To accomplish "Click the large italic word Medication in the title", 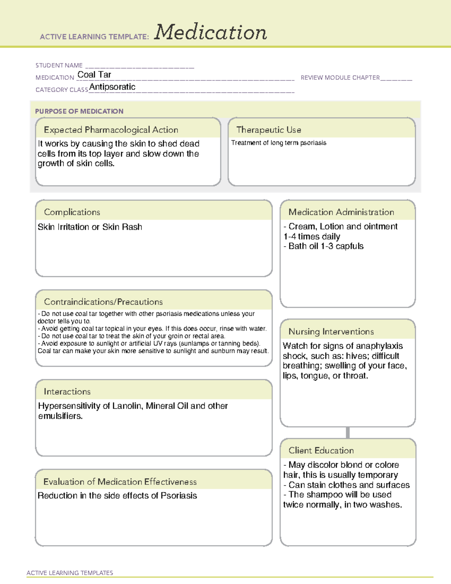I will pos(210,32).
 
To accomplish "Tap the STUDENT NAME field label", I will pos(59,65).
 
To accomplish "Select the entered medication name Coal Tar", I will pos(94,75).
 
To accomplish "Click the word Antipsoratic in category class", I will pos(112,87).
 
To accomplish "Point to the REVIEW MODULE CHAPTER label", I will pos(340,77).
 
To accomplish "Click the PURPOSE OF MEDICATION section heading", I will pos(79,111).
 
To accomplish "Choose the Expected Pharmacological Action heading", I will pos(111,130).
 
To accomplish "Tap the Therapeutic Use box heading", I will pos(269,130).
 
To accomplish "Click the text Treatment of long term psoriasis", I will pos(278,143).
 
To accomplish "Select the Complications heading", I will pos(72,212).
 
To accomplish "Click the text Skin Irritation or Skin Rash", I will pos(90,227).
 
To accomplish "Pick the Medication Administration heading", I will pos(341,212).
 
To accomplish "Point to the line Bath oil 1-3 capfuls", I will pos(325,246).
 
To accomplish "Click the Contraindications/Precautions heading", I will pos(103,302).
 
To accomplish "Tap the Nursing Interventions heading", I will pos(331,332).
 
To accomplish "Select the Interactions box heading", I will pos(67,392).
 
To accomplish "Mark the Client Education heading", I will pos(321,451).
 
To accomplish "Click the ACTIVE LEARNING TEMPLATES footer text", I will pos(70,573).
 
